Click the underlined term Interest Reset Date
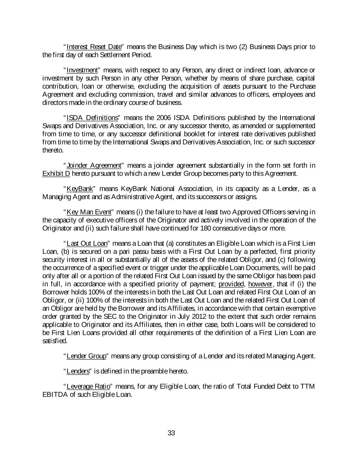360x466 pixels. click(x=94, y=47)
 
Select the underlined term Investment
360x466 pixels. click(x=82, y=70)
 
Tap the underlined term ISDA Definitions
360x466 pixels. click(x=92, y=118)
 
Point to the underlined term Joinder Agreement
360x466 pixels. click(x=94, y=166)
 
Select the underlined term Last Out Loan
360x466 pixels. click(x=87, y=243)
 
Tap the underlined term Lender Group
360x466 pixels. click(x=87, y=356)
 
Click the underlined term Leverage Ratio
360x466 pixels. click(x=88, y=386)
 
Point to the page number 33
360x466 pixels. click(x=171, y=433)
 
